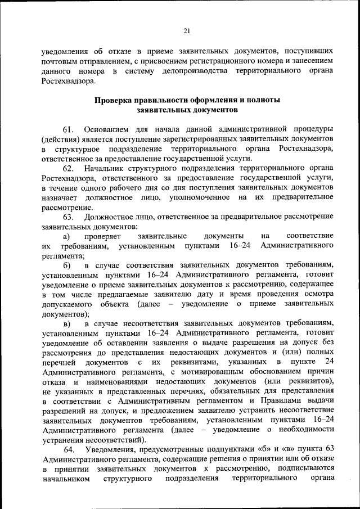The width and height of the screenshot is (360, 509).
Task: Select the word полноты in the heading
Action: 260,100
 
